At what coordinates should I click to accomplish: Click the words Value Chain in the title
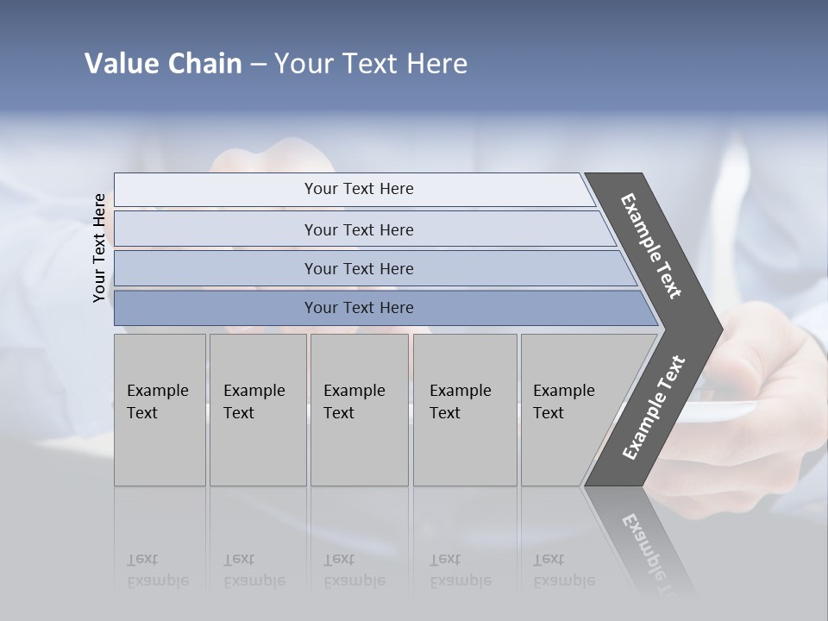click(x=163, y=64)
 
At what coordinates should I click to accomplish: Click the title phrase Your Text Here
click(x=371, y=64)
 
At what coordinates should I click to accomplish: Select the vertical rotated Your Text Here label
click(x=99, y=248)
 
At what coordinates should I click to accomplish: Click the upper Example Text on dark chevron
click(x=651, y=246)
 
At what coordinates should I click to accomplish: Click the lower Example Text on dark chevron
click(x=654, y=408)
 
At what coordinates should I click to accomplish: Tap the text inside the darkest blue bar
click(x=359, y=308)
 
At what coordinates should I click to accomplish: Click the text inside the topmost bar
click(x=359, y=189)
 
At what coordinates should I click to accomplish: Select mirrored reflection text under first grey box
click(x=158, y=570)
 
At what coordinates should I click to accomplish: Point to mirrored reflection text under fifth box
click(x=564, y=570)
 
